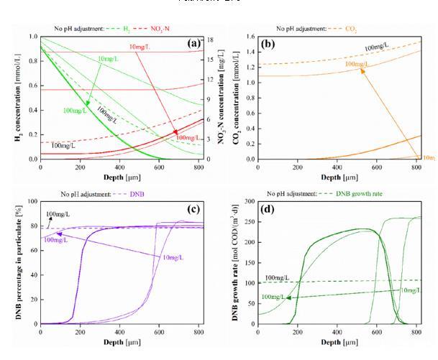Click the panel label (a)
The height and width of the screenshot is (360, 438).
coord(191,43)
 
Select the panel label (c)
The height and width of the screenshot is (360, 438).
coord(191,210)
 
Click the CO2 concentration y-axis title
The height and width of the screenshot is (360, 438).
coord(232,97)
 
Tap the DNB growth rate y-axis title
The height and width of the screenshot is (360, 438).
coord(232,262)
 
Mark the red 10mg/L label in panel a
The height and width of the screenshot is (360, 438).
coord(141,47)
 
